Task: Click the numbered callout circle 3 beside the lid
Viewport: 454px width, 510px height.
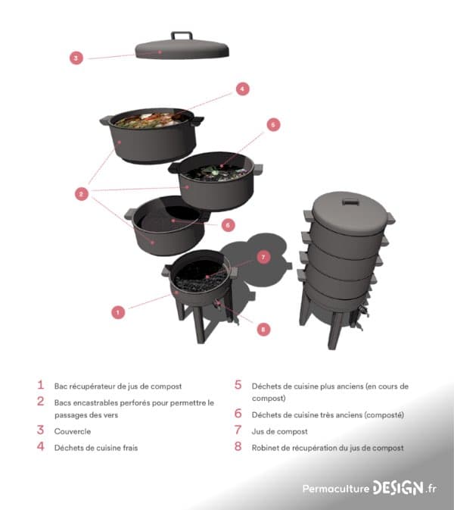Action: pyautogui.click(x=76, y=57)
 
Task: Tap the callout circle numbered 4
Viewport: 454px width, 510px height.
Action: pyautogui.click(x=242, y=89)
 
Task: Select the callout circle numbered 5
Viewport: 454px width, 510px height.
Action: pyautogui.click(x=273, y=124)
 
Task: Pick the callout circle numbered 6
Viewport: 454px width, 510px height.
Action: pyautogui.click(x=228, y=224)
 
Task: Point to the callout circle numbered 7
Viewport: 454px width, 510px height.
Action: pyautogui.click(x=263, y=257)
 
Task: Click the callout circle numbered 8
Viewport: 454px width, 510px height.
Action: pyautogui.click(x=263, y=329)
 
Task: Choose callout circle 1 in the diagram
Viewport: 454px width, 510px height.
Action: pyautogui.click(x=117, y=311)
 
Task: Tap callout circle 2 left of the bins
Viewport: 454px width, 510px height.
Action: pyautogui.click(x=80, y=194)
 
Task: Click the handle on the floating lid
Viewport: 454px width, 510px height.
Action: pyautogui.click(x=182, y=36)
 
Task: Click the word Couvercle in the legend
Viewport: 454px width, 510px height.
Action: pyautogui.click(x=73, y=431)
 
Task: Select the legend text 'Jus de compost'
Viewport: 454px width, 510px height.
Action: pyautogui.click(x=280, y=431)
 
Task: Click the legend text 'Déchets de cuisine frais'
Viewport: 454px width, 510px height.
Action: pyautogui.click(x=96, y=448)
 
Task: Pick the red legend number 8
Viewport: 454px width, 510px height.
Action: pyautogui.click(x=238, y=447)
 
